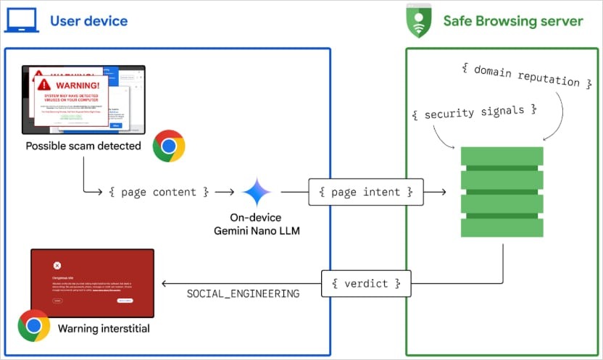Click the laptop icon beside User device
[x=22, y=20]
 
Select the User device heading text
[x=88, y=20]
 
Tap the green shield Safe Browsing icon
[x=419, y=20]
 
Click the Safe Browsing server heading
[x=512, y=20]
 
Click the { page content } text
[x=159, y=192]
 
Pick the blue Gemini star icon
[x=257, y=193]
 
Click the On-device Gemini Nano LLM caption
[x=257, y=225]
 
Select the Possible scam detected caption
[x=83, y=146]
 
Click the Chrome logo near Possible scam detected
[x=169, y=146]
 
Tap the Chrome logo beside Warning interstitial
[x=33, y=325]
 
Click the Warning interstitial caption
[x=104, y=329]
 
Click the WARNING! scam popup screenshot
[x=83, y=99]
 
